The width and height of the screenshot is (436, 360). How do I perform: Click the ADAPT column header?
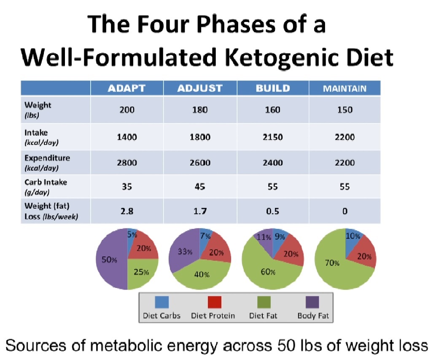click(x=126, y=89)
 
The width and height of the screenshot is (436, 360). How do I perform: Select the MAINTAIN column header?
click(x=344, y=89)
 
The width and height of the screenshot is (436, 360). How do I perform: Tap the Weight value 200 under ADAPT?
click(x=126, y=110)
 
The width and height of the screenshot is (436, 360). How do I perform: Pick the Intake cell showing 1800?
click(x=200, y=137)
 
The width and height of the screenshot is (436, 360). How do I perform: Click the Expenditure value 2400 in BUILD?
click(x=272, y=163)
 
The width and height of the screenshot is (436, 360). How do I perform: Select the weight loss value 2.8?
click(x=126, y=212)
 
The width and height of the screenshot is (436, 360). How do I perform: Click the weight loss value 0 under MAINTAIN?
click(x=344, y=212)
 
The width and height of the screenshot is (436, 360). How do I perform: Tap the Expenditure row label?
click(x=47, y=162)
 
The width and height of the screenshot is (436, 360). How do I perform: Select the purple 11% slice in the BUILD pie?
click(x=262, y=237)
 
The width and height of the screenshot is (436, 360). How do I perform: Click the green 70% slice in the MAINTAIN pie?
click(x=333, y=263)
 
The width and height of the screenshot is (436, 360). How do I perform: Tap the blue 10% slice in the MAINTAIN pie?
click(x=353, y=237)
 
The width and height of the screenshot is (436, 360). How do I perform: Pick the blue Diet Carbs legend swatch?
click(x=162, y=302)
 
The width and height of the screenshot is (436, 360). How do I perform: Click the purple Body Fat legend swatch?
click(x=312, y=302)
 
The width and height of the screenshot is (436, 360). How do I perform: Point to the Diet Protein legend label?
click(x=213, y=316)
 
